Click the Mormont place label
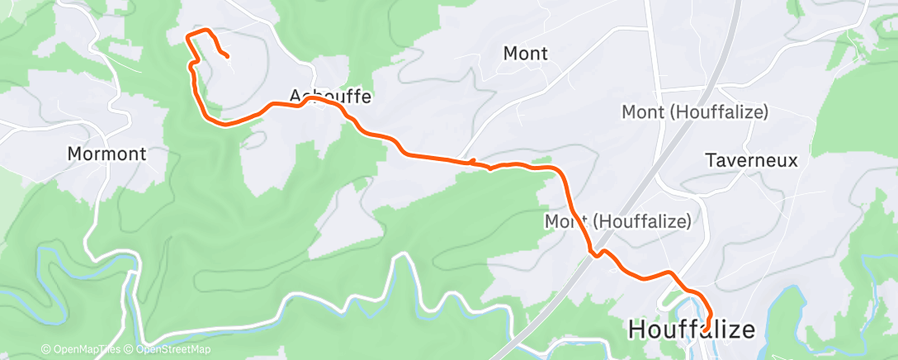point(106,154)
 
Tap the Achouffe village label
point(331,97)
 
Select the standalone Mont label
point(526,54)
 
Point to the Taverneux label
point(752,160)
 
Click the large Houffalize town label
point(692,329)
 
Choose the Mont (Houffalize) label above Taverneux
point(695,111)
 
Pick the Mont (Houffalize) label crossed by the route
point(617,221)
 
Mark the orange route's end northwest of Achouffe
point(227,56)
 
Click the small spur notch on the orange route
point(473,161)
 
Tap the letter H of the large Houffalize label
point(636,329)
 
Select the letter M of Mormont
point(73,154)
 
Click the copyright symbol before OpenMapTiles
point(45,349)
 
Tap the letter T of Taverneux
point(711,160)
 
